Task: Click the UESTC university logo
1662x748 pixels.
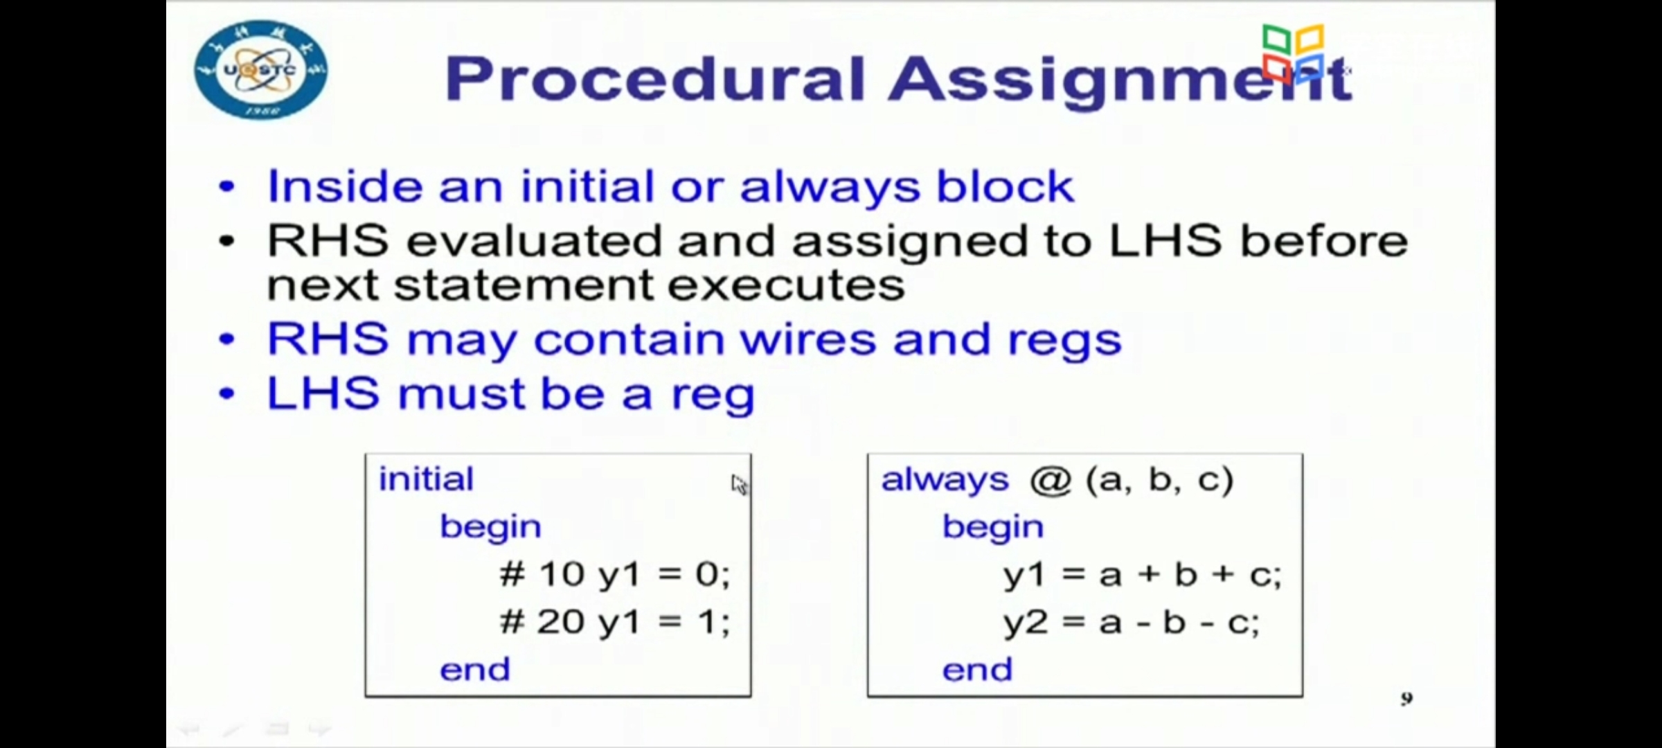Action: tap(261, 70)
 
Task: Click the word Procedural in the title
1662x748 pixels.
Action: tap(655, 78)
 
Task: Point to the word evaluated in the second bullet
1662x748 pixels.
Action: tap(533, 240)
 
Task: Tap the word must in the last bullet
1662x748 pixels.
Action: tap(460, 393)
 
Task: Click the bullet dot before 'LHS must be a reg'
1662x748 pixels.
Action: tap(226, 394)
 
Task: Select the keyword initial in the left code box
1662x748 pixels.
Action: tap(426, 479)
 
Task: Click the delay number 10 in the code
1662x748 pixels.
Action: tap(562, 574)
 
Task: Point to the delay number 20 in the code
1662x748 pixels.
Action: tap(560, 621)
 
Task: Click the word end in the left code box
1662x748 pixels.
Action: tap(475, 670)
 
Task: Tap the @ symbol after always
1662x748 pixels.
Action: tap(1051, 480)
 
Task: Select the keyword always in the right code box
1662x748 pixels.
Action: tap(945, 480)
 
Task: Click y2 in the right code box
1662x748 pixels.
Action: tap(1026, 623)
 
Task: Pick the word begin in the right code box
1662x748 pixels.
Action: tap(992, 528)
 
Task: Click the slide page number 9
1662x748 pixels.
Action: tap(1406, 699)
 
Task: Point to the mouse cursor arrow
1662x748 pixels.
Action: tap(739, 485)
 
